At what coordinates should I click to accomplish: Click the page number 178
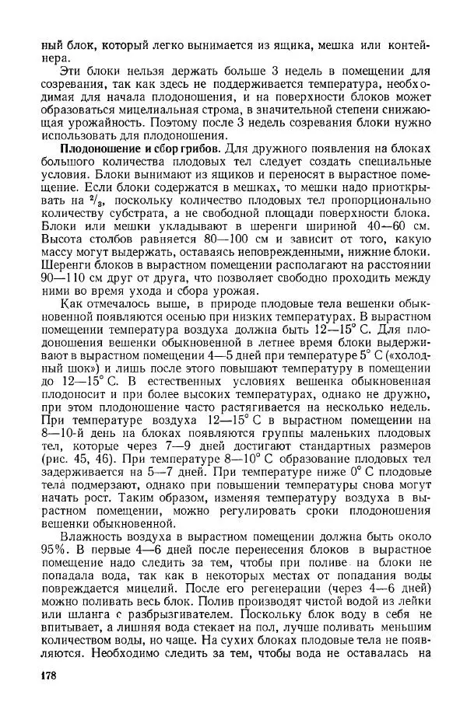coord(48,675)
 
